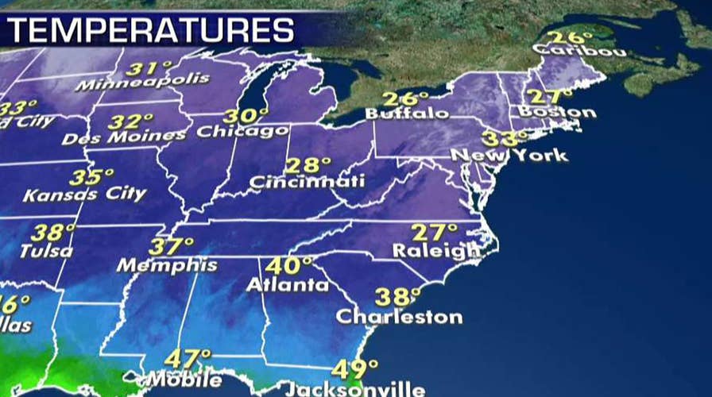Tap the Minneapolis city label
coord(142,82)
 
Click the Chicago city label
coord(242,131)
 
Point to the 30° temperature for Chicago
coord(242,116)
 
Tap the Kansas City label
coord(84,194)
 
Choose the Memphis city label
coord(167,265)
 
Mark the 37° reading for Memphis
coord(171,247)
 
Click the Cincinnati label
coord(307,182)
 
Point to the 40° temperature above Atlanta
coord(288,266)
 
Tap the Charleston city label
coord(399,317)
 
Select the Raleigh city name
coord(436,251)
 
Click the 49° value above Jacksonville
coord(354,370)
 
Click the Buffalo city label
coord(407,114)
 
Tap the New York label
coord(509,155)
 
